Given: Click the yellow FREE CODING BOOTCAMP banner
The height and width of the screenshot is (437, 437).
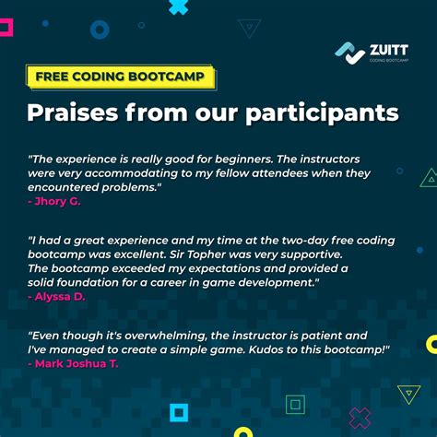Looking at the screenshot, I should click(x=121, y=76).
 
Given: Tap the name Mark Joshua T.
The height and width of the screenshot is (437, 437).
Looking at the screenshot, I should click(x=86, y=363).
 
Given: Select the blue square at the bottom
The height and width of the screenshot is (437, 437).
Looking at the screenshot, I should click(x=179, y=412).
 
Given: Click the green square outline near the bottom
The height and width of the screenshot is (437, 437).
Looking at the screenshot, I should click(x=296, y=404).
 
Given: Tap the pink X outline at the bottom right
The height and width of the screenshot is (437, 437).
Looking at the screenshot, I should click(x=360, y=418).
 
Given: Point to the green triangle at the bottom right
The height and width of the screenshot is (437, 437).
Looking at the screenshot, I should click(x=408, y=395).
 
